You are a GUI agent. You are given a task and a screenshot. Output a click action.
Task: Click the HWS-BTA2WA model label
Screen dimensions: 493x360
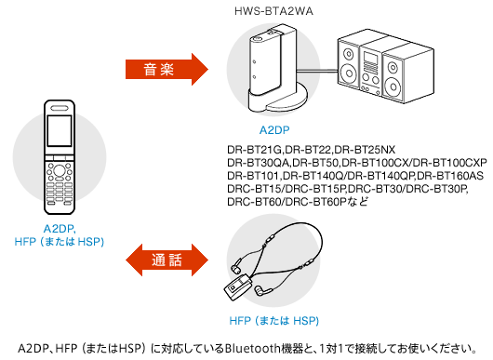point(273,11)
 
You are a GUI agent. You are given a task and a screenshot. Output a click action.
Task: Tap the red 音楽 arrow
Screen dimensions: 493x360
point(167,69)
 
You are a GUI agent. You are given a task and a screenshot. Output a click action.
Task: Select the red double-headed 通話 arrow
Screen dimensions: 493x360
point(167,260)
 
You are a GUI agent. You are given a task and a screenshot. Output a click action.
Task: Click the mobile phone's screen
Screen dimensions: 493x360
point(60,131)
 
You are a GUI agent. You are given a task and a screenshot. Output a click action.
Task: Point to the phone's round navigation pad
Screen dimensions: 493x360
point(60,170)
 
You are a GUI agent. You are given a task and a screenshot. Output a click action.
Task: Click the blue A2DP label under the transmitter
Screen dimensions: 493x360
point(274,130)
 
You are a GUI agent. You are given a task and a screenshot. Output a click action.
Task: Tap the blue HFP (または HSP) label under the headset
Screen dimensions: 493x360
point(273,321)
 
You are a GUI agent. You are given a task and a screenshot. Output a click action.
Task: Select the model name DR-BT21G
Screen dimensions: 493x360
point(255,150)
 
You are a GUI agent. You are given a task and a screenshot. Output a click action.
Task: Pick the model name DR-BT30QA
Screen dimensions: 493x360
point(259,163)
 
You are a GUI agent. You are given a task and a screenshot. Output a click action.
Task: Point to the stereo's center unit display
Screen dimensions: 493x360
point(370,58)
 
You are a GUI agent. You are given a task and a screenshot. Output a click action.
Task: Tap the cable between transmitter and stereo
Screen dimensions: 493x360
point(317,71)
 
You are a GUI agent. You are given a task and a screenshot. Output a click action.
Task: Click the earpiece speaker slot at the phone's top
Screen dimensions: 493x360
point(60,108)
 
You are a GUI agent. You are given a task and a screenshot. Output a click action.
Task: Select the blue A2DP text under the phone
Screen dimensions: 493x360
point(60,229)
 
